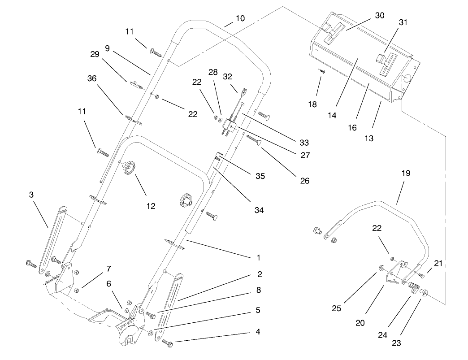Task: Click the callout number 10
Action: pyautogui.click(x=240, y=18)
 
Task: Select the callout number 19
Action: pyautogui.click(x=406, y=173)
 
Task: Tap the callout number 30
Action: pyautogui.click(x=380, y=15)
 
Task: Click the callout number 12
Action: pyautogui.click(x=151, y=206)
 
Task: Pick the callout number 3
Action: pyautogui.click(x=31, y=195)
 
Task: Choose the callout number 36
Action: pyautogui.click(x=92, y=78)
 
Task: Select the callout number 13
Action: pyautogui.click(x=368, y=139)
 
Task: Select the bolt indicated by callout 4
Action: pyautogui.click(x=169, y=343)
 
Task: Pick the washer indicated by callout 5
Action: pyautogui.click(x=151, y=334)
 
